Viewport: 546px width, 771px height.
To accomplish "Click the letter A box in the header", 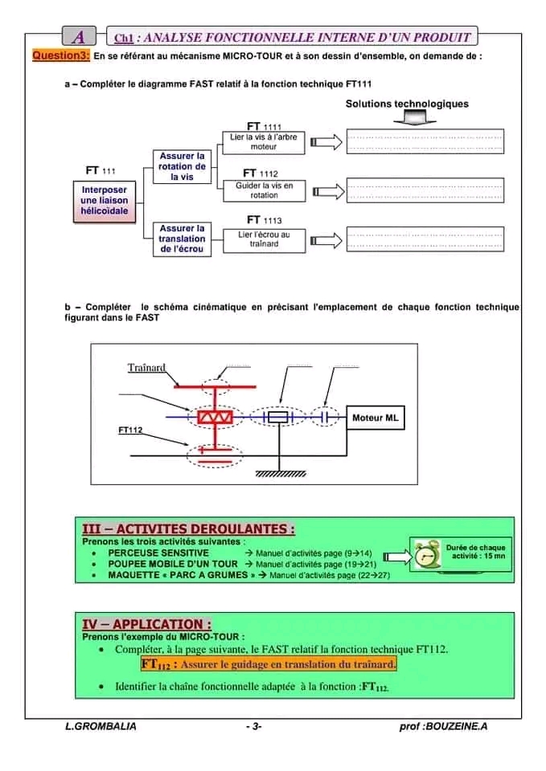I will tap(79, 37).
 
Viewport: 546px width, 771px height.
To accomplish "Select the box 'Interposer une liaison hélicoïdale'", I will tap(104, 201).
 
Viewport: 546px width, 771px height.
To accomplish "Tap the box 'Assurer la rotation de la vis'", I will tap(182, 166).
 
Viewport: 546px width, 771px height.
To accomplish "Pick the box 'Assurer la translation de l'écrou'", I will tap(182, 239).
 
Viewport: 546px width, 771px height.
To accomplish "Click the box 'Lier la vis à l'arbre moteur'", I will tap(263, 142).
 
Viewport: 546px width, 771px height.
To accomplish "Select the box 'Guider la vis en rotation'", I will tap(264, 190).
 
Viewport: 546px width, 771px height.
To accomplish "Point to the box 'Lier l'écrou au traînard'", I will tap(264, 239).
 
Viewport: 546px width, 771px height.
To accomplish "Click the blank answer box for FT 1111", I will tap(424, 142).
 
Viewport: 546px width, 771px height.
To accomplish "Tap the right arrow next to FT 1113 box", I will tap(325, 239).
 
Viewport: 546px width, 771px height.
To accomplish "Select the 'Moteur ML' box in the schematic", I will tap(375, 418).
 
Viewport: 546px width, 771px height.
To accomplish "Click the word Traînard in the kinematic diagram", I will tap(146, 368).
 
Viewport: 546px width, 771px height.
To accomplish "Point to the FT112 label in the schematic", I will tap(130, 430).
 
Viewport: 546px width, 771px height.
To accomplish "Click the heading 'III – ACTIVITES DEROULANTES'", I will tap(188, 529).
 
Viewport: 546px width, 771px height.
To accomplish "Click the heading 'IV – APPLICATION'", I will tap(147, 624).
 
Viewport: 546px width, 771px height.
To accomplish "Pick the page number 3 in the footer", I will tap(253, 726).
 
